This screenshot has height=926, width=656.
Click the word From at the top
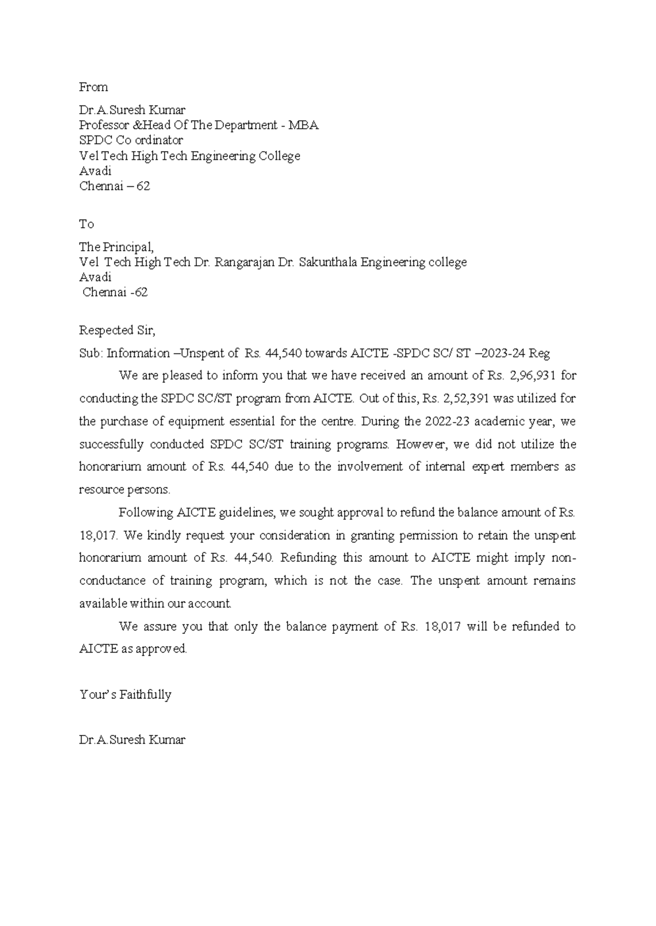click(93, 87)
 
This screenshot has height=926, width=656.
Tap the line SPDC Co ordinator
click(131, 140)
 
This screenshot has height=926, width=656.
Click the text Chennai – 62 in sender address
click(115, 186)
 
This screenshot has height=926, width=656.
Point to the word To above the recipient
click(86, 224)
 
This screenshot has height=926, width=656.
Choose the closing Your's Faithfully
click(125, 695)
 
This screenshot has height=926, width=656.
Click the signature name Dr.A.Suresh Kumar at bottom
click(132, 740)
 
